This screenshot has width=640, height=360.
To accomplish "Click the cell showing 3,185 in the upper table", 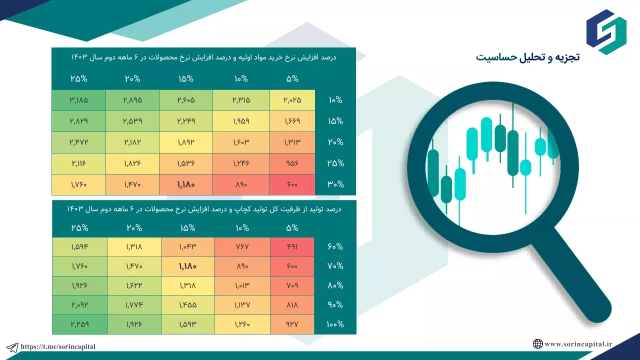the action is pyautogui.click(x=79, y=100).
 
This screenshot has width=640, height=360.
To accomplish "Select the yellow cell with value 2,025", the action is pyautogui.click(x=292, y=100).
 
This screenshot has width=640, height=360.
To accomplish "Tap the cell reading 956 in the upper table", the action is pyautogui.click(x=292, y=163).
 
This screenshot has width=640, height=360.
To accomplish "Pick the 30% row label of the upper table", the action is pyautogui.click(x=335, y=184).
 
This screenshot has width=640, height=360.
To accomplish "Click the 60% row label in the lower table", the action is pyautogui.click(x=335, y=246).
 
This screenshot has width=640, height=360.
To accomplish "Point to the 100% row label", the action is pyautogui.click(x=335, y=324).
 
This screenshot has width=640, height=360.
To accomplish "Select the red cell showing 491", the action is pyautogui.click(x=292, y=247).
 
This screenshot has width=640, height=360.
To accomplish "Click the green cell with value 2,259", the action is pyautogui.click(x=79, y=324).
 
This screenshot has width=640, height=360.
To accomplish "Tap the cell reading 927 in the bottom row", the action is pyautogui.click(x=292, y=324).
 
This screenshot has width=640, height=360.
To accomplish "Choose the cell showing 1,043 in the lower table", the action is pyautogui.click(x=187, y=247).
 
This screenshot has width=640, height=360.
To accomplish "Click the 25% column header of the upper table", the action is pyautogui.click(x=79, y=79).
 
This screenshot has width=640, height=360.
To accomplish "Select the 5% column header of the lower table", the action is pyautogui.click(x=292, y=228).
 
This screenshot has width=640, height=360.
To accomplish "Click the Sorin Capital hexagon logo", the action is pyautogui.click(x=606, y=32).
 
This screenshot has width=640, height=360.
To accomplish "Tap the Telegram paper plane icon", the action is pyautogui.click(x=12, y=347).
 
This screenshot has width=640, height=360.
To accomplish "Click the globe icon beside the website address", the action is pyautogui.click(x=537, y=343).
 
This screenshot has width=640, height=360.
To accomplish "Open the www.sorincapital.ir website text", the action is pyautogui.click(x=578, y=344).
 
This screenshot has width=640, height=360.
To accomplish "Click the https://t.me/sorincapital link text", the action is pyautogui.click(x=58, y=346).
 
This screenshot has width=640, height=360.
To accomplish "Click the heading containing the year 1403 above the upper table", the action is pyautogui.click(x=203, y=57).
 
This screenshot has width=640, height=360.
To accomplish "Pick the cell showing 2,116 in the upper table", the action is pyautogui.click(x=79, y=163).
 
